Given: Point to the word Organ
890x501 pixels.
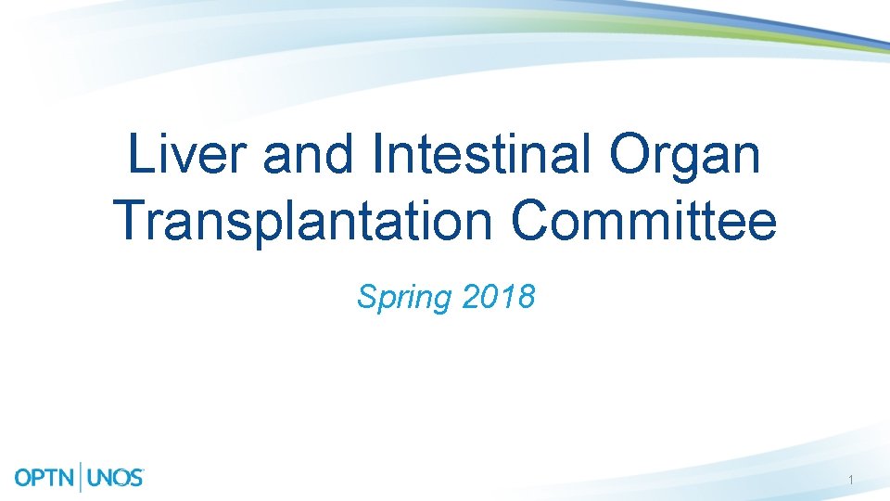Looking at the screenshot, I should [685, 155].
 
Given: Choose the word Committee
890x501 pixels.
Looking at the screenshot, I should [643, 220].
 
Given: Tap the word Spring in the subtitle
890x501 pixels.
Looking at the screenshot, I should [401, 298].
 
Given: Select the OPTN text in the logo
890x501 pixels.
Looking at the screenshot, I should [47, 479].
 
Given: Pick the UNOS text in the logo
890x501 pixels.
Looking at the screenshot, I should [116, 479].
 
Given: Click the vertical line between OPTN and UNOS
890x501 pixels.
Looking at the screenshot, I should [83, 477].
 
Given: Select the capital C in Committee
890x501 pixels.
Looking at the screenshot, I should [534, 220].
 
